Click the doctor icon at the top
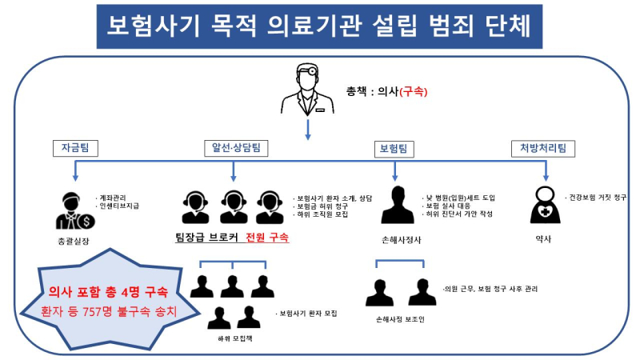(x=308, y=89)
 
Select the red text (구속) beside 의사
(x=413, y=91)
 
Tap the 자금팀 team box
(x=75, y=148)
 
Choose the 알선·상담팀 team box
(x=236, y=148)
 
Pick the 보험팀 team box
(x=394, y=149)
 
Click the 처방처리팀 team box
(x=543, y=149)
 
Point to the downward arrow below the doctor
(x=308, y=130)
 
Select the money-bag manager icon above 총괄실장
(x=75, y=211)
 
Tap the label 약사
(x=543, y=239)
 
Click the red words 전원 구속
(x=267, y=237)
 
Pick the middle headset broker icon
(x=233, y=207)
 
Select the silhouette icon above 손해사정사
(x=397, y=205)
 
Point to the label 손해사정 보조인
(x=400, y=319)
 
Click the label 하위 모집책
(x=234, y=338)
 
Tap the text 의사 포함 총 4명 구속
(x=108, y=292)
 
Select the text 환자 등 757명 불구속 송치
(x=109, y=312)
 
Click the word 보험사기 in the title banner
(x=153, y=26)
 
